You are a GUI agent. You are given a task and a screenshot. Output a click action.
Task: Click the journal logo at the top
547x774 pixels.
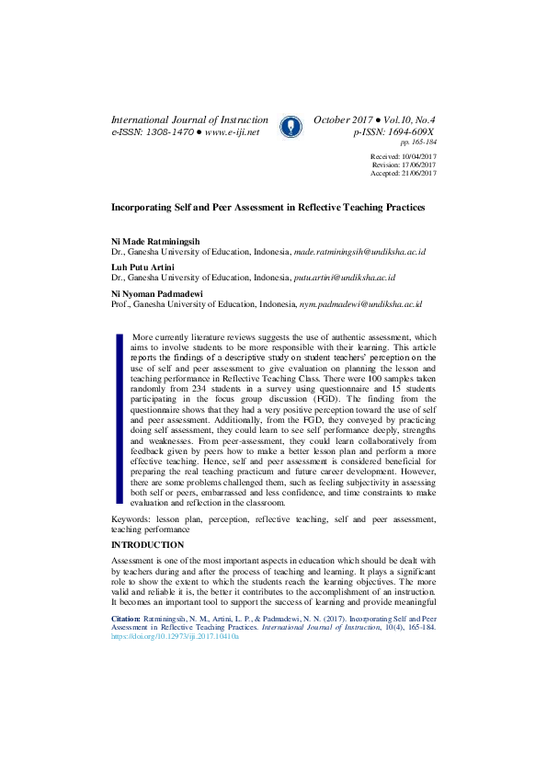[291, 126]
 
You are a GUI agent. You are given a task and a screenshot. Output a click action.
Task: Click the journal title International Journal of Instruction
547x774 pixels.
[189, 120]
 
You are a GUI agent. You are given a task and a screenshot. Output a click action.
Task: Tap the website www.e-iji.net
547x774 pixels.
[232, 132]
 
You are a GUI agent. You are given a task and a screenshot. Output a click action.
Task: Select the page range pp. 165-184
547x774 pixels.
[417, 143]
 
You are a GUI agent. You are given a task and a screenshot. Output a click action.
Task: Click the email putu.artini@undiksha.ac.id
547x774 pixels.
[344, 278]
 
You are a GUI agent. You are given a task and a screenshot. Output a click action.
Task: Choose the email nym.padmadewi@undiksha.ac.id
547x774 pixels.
[359, 304]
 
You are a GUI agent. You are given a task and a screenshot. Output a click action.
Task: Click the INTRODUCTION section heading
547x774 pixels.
[147, 545]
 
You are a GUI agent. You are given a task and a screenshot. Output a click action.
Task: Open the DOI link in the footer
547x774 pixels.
[174, 636]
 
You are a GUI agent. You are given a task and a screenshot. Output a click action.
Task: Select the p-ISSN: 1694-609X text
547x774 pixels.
[394, 132]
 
